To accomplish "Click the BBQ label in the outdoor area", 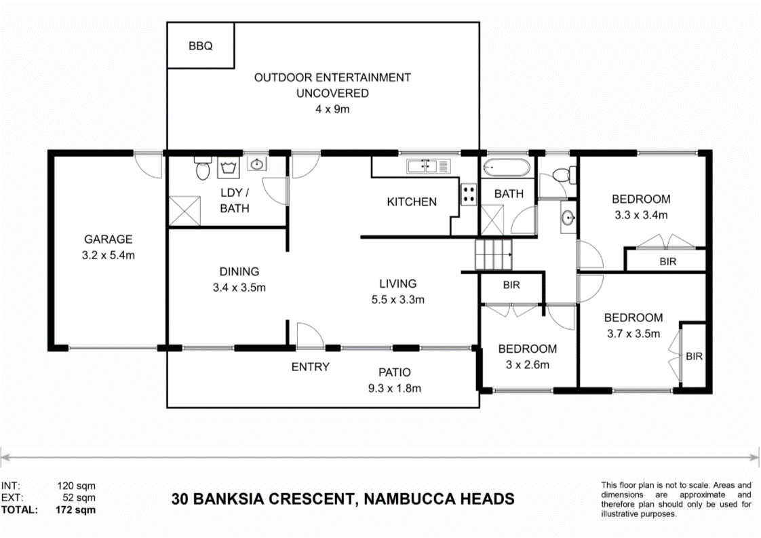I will coord(201,46).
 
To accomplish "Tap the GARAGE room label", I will coord(108,239).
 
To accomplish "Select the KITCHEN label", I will coord(411,201).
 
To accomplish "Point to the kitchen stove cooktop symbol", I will coord(469,195).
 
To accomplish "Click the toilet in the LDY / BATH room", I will coord(203,169).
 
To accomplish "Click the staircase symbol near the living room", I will coord(493,254).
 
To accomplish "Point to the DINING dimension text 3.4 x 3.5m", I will coord(238,287).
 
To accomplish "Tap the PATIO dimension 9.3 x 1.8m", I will coord(394,389).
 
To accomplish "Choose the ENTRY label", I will coord(310,367).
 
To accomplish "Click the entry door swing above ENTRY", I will coord(307,336).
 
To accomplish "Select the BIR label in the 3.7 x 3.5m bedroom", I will coord(694,356).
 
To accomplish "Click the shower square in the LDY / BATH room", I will coord(184,210).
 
